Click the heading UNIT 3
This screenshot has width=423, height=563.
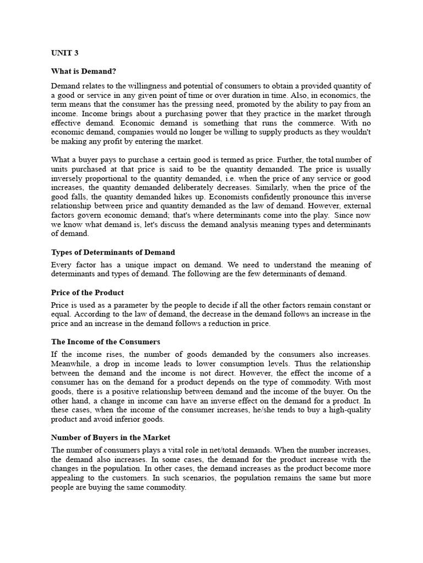(x=64, y=54)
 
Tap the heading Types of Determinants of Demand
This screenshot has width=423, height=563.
(x=113, y=252)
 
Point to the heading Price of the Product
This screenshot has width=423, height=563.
(x=88, y=292)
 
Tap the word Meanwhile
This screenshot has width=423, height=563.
(x=72, y=364)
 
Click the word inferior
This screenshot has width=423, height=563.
(x=135, y=420)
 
